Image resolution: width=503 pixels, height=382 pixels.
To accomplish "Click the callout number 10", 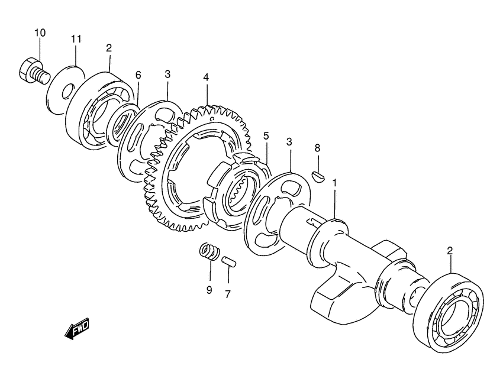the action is [40, 33].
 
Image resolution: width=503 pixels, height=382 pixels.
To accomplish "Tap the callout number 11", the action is [76, 39].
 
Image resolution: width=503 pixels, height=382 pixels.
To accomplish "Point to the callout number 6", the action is [138, 75].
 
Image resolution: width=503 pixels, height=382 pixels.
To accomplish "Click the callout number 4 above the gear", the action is [205, 77].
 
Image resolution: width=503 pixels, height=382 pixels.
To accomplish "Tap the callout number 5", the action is [266, 136].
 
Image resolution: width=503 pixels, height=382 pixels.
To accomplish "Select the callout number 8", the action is [317, 148].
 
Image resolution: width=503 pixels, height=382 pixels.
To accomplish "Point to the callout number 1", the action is [334, 183].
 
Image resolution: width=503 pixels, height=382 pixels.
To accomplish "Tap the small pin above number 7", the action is [230, 261].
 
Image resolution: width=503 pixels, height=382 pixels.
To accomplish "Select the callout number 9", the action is [209, 290].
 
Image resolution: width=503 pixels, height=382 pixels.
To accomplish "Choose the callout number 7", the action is [227, 294].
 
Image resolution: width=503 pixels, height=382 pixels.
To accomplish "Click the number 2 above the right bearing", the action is [450, 250].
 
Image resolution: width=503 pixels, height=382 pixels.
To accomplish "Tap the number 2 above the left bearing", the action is [109, 48].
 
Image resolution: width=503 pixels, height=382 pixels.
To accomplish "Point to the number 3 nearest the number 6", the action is [167, 74].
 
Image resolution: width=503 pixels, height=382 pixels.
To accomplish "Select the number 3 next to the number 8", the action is [289, 142].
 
